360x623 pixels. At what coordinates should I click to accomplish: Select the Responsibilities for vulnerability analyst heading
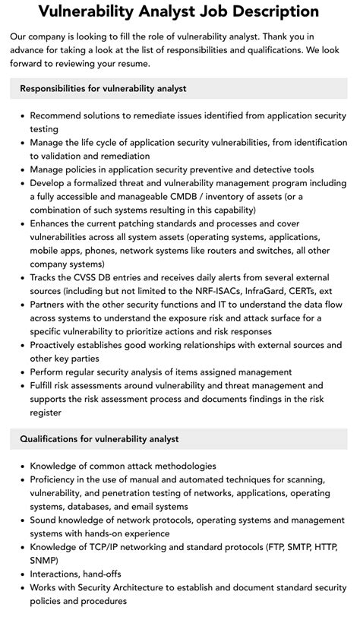(103, 89)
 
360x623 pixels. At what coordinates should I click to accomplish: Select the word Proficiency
(59, 479)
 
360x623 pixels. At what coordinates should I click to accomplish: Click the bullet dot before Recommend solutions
(21, 115)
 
